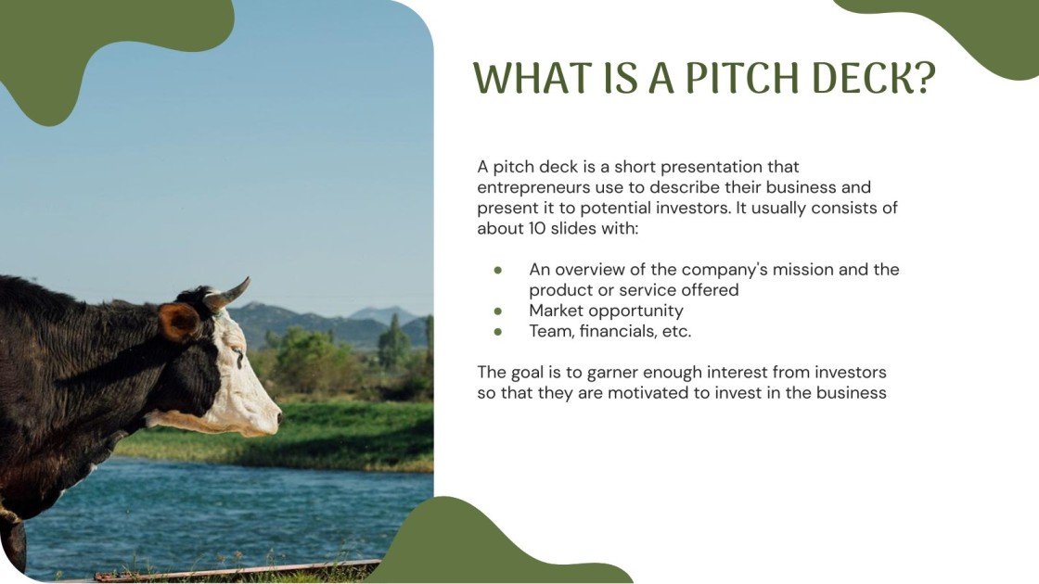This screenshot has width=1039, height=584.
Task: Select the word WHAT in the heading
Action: coord(524,80)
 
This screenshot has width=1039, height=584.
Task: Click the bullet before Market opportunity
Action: coord(498,311)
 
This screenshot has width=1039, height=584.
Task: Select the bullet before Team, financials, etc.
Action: coord(498,331)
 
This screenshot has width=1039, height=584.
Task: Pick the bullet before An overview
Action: coord(498,270)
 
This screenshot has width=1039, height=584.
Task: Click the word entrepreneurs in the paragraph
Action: coord(532,187)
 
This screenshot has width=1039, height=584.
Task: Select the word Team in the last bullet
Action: coord(550,331)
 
